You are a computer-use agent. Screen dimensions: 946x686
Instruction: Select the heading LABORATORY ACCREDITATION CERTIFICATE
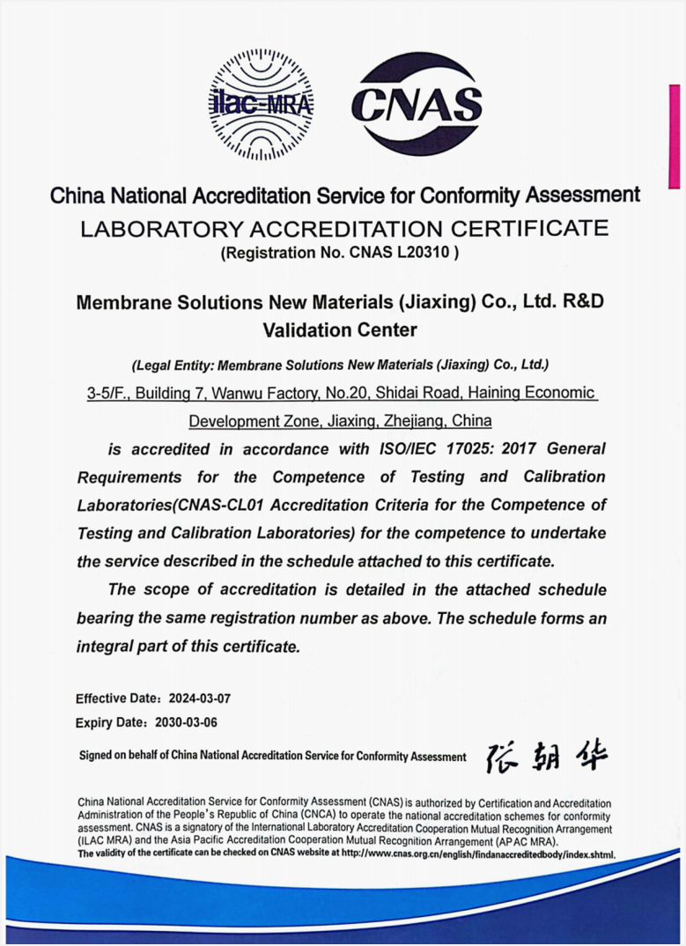[x=343, y=229]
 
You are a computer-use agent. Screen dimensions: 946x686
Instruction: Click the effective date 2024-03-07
[x=200, y=698]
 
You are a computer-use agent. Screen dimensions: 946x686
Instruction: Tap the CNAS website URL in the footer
[x=476, y=855]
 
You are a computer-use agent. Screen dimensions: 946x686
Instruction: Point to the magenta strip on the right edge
[x=675, y=137]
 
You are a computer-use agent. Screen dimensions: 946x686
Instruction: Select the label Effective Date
[x=116, y=698]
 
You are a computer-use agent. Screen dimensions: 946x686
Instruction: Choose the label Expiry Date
[x=108, y=723]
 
